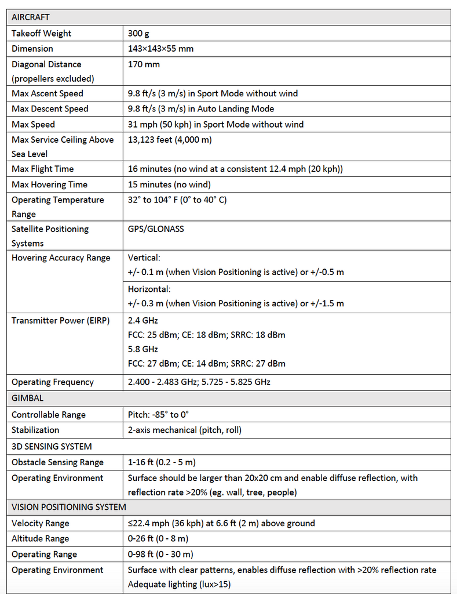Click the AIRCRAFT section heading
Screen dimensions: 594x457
coord(30,17)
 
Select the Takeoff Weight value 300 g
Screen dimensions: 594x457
coord(138,34)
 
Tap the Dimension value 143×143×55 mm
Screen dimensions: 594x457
coord(160,49)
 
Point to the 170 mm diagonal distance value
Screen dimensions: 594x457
coord(144,64)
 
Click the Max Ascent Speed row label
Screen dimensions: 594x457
coord(47,93)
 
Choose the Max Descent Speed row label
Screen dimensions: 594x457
coord(50,109)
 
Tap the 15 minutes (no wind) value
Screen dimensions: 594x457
coord(169,184)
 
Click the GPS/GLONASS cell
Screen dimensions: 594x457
coord(156,229)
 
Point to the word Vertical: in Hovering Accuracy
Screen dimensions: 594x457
coord(144,258)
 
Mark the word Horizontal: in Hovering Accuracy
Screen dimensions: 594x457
coord(149,289)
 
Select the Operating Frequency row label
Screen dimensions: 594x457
coord(53,382)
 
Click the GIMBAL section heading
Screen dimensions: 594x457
coord(27,399)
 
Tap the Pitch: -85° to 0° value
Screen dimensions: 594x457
coord(158,415)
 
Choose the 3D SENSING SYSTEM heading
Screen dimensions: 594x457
coord(52,447)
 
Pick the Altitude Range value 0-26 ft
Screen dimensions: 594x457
coord(158,539)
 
